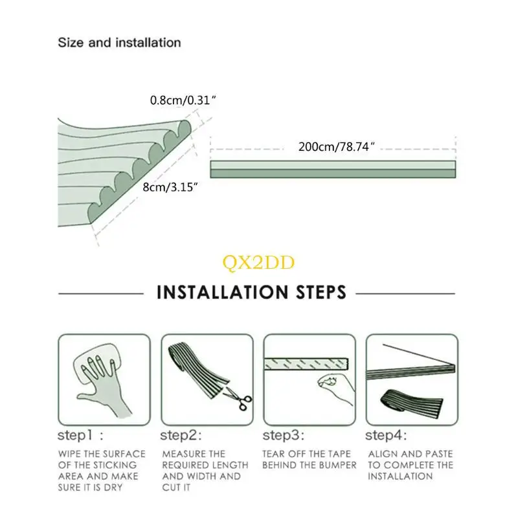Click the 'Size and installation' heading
coord(119,43)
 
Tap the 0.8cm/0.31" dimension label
coord(183,100)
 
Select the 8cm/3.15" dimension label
coord(170,187)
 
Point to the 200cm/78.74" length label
coord(336,147)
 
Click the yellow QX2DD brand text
coord(258,263)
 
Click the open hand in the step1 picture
coord(99,383)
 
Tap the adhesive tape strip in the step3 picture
coord(306,364)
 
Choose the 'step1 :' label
coord(80,435)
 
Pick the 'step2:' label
coord(181,435)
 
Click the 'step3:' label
coord(283,435)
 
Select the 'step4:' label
coord(386,435)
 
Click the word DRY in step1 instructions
coord(113,488)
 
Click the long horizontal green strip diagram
coord(333,170)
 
